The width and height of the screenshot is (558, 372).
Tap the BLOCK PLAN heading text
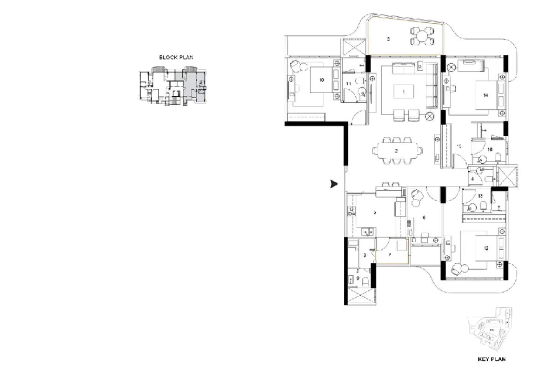tap(176, 58)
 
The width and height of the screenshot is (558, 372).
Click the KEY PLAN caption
tap(492, 359)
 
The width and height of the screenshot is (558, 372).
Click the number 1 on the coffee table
tap(404, 92)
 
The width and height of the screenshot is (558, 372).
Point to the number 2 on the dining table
tap(396, 151)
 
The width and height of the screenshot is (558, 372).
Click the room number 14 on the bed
tap(485, 95)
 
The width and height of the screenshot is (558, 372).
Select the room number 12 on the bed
tap(486, 248)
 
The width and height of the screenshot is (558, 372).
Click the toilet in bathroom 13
tap(484, 206)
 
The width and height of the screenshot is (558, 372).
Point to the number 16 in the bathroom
tap(490, 150)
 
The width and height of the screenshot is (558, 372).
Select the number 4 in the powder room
tap(472, 179)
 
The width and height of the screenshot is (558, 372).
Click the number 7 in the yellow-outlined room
tap(390, 254)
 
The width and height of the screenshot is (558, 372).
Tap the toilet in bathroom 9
tap(365, 281)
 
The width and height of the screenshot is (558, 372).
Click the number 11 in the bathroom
tap(348, 83)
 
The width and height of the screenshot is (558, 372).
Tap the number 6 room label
tap(424, 217)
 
